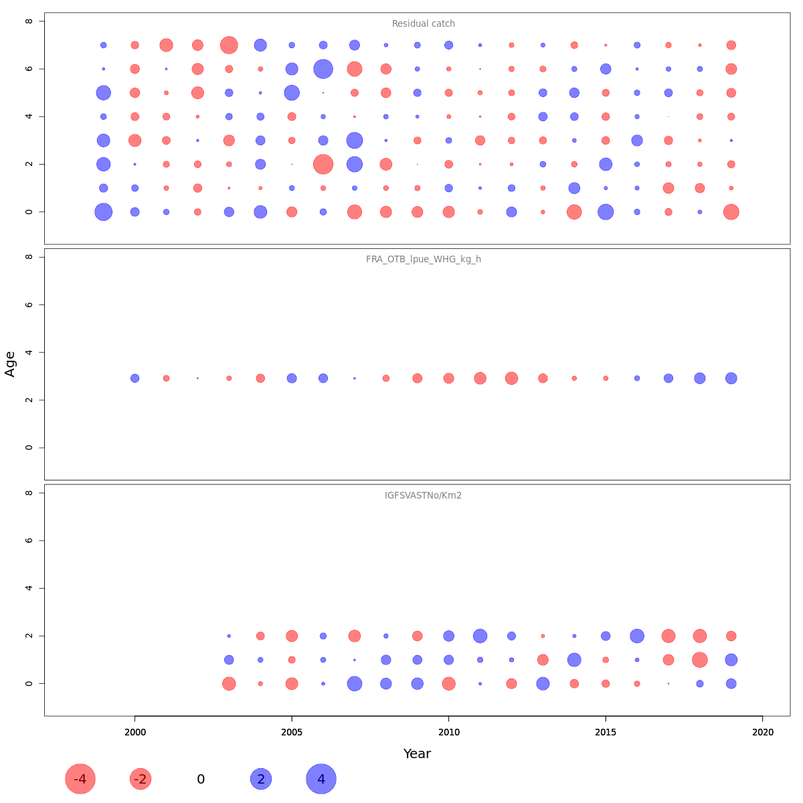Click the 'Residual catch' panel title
[423, 24]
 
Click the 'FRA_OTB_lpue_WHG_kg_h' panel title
[423, 260]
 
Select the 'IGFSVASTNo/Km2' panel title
[423, 496]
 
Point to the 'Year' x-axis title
[417, 753]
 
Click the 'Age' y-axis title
[10, 364]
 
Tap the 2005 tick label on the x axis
[292, 733]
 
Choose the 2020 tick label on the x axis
[762, 733]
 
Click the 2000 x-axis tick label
[135, 733]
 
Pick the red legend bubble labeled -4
[80, 779]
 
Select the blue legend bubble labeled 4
[321, 779]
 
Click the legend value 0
[201, 780]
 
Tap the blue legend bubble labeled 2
[261, 779]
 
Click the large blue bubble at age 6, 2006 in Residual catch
[323, 69]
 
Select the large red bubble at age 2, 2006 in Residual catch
[323, 164]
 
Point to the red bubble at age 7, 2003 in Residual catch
[229, 45]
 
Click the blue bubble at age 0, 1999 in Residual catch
[103, 212]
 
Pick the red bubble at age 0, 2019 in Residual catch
[731, 212]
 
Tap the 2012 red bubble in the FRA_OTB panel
[511, 378]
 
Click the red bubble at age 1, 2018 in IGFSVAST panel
[700, 660]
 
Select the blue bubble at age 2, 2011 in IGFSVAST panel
[480, 636]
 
